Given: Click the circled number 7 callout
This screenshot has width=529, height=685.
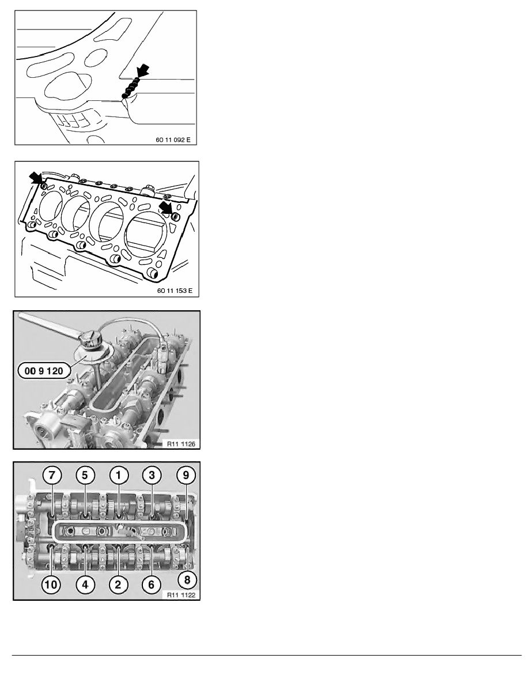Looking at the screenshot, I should pyautogui.click(x=52, y=476).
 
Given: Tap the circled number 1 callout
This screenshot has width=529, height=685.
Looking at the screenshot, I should pyautogui.click(x=119, y=476).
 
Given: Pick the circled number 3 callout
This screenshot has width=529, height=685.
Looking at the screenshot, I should pyautogui.click(x=152, y=476).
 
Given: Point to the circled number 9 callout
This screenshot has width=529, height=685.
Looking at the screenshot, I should pyautogui.click(x=186, y=476).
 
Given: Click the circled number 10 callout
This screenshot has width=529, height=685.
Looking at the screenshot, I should pyautogui.click(x=51, y=584).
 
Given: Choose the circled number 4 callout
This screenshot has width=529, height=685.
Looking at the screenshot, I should pyautogui.click(x=85, y=584).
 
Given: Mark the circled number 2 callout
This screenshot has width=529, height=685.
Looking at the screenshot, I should pyautogui.click(x=118, y=584).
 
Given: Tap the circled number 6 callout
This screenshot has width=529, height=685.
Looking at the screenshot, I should pyautogui.click(x=151, y=584).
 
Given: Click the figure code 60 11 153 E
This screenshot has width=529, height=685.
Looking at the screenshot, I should pyautogui.click(x=175, y=290).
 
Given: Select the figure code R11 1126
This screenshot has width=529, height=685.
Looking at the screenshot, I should pyautogui.click(x=180, y=443).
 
